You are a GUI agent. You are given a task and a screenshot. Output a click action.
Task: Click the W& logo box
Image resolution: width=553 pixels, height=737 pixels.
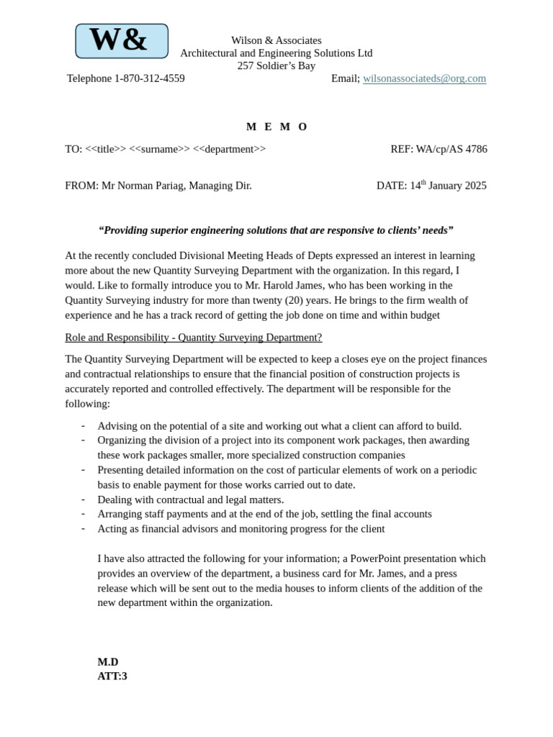coord(122,41)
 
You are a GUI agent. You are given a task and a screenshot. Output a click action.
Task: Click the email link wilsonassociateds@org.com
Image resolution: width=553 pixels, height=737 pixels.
coord(424,78)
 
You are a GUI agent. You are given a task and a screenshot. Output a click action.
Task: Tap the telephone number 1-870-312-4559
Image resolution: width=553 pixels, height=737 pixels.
coord(149,78)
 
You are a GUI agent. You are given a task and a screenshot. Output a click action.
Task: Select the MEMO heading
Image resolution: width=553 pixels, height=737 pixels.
coord(276,127)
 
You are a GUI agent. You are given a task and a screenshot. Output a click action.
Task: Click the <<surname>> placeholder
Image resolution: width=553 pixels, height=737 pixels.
coord(159,149)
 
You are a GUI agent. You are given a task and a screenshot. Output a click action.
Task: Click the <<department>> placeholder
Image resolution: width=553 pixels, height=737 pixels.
coord(229,149)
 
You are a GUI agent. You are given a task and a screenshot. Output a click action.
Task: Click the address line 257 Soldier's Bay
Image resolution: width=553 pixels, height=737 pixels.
coord(276,65)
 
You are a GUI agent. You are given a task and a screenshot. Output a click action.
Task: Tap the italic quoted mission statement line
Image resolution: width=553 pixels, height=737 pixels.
coord(276,230)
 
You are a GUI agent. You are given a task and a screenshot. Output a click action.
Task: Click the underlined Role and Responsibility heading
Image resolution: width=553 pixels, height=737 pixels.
coord(193,338)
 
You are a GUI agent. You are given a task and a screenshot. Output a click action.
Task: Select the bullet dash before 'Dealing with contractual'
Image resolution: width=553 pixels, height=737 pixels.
coord(84,499)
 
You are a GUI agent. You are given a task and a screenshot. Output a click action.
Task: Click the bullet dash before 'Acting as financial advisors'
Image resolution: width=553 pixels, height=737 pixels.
coord(84,528)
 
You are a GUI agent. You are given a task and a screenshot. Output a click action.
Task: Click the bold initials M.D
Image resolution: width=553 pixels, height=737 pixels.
coord(108,662)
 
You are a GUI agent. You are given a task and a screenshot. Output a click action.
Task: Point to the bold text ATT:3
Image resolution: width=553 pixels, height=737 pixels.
coord(112,677)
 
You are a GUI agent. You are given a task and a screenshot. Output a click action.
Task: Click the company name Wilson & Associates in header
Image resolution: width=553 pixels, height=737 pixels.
coord(276,40)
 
